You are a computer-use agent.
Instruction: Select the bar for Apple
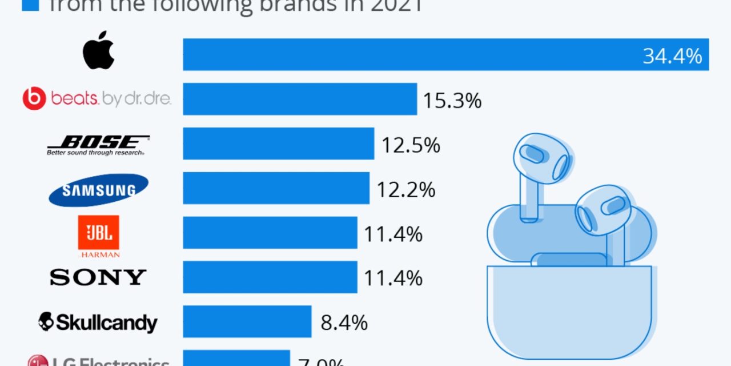pyautogui.click(x=445, y=55)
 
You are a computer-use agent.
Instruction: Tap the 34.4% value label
pyautogui.click(x=672, y=55)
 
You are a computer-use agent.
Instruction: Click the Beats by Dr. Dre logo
pyautogui.click(x=97, y=99)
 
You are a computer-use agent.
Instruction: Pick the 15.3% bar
pyautogui.click(x=300, y=99)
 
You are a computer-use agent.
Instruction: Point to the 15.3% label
pyautogui.click(x=452, y=101)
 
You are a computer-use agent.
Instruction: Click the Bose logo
pyautogui.click(x=98, y=145)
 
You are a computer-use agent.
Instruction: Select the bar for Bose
pyautogui.click(x=278, y=144)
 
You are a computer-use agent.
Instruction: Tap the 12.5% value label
pyautogui.click(x=411, y=145)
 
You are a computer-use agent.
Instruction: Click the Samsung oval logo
pyautogui.click(x=98, y=190)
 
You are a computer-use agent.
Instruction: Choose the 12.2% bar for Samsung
pyautogui.click(x=276, y=188)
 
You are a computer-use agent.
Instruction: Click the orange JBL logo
pyautogui.click(x=98, y=233)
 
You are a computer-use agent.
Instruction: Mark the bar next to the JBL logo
pyautogui.click(x=270, y=233)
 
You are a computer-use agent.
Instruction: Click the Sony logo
pyautogui.click(x=98, y=277)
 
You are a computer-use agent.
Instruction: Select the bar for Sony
pyautogui.click(x=270, y=277)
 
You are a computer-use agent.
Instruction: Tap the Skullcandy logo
pyautogui.click(x=98, y=322)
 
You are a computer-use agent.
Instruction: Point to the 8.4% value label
pyautogui.click(x=344, y=323)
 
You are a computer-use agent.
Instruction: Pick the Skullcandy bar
pyautogui.click(x=247, y=321)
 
